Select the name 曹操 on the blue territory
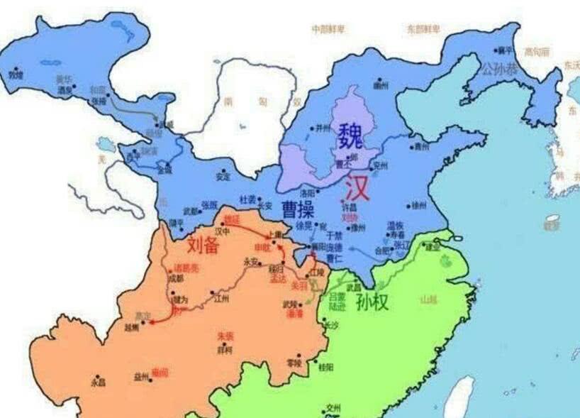pos(299,209)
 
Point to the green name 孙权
pos(372,302)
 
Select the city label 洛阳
pos(306,192)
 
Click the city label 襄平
pos(504,50)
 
